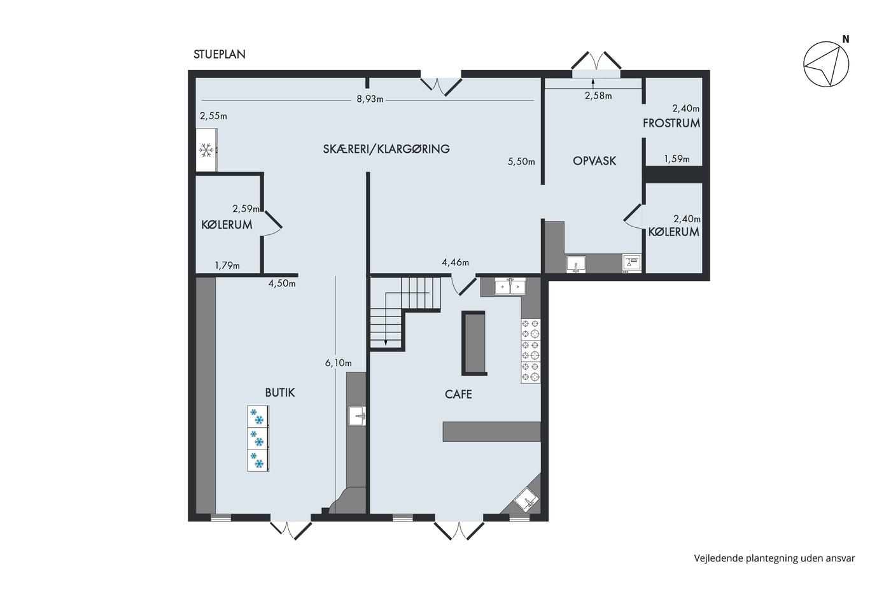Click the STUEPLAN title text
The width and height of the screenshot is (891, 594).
point(219,54)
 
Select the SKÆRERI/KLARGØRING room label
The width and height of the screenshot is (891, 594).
point(386,148)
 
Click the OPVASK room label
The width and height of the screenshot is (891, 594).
point(594,160)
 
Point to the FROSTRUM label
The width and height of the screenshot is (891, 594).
point(671,124)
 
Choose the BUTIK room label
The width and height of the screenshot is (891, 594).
point(280,393)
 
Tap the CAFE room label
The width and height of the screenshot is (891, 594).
point(458,394)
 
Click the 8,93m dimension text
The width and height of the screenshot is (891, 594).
point(370,99)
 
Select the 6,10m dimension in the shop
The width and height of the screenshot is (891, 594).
point(338,363)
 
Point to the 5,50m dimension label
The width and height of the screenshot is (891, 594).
point(521,161)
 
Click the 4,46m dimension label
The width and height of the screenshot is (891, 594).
point(455,262)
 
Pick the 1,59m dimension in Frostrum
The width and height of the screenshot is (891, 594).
point(677,159)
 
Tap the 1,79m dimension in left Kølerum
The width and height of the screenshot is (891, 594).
point(227,265)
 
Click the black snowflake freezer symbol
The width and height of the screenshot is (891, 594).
point(206,150)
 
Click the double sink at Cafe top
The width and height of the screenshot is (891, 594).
point(510,286)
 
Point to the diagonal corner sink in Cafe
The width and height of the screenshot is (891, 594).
point(526,499)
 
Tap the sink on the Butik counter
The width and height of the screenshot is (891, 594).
point(357,416)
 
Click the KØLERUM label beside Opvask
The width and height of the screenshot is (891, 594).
point(673,232)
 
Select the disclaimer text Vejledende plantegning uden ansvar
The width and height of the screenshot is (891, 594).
point(775,558)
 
